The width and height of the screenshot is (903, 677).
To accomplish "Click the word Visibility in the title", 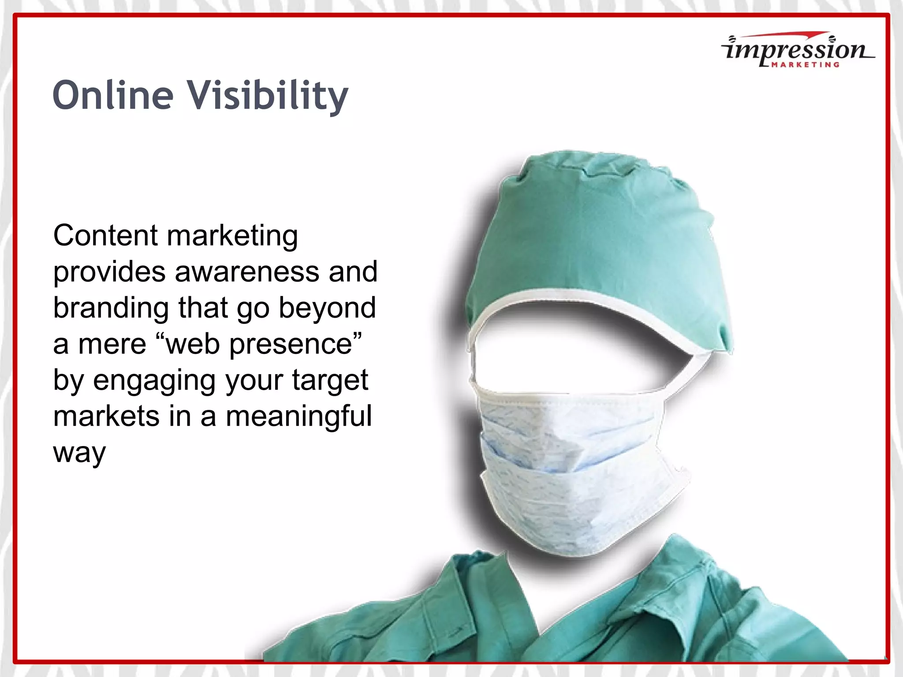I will [269, 96].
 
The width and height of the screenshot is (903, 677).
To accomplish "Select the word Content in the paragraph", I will [105, 235].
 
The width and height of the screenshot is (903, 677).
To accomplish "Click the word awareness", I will [247, 272].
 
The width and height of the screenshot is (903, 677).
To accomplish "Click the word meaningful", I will [299, 417].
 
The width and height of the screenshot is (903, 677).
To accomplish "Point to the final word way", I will [79, 453].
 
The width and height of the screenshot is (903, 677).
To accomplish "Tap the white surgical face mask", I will [573, 472].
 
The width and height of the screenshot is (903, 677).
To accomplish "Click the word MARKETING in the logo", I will [805, 65].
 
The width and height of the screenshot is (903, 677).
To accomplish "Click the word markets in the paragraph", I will [106, 417].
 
